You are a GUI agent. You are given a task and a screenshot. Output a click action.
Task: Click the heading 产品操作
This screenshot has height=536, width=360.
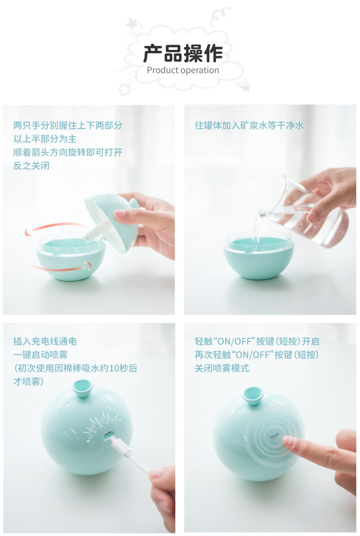tap(183, 54)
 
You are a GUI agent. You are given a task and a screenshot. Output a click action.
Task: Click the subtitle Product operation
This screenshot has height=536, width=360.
tap(183, 71)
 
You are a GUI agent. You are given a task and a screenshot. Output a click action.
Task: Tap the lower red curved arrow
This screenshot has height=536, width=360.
tap(61, 267)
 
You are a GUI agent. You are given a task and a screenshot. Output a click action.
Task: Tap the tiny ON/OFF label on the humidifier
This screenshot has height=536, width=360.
tap(274, 436)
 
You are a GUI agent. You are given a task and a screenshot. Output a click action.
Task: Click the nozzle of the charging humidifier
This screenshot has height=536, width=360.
tap(83, 389)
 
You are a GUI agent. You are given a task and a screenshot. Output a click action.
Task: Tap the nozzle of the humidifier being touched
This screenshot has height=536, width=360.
tap(253, 395)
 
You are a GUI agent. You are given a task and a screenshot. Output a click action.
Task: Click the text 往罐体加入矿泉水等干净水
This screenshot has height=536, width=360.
tap(249, 125)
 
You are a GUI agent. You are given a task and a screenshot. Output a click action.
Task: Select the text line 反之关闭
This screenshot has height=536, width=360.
tap(32, 166)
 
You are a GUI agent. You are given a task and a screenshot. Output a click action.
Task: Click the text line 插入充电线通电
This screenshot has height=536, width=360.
tap(45, 341)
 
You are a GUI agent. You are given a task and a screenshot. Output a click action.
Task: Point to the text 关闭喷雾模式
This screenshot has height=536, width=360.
tap(222, 368)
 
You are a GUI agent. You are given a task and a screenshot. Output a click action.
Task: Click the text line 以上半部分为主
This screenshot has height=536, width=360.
tap(45, 139)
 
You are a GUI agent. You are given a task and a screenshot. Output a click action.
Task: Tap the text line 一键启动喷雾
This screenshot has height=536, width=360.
tap(40, 355)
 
